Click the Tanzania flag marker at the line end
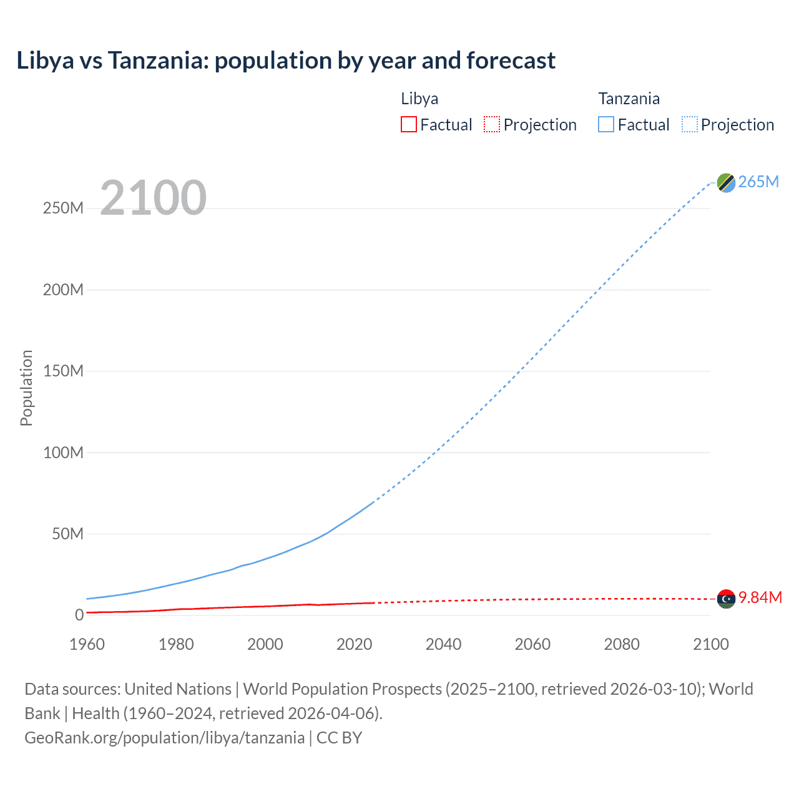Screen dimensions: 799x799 726,183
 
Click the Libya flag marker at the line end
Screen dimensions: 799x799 726,599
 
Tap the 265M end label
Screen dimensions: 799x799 758,182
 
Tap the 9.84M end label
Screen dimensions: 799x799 760,597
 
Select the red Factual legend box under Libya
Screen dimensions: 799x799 408,124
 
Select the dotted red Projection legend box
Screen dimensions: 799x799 492,124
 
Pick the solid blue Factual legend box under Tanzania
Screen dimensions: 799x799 606,124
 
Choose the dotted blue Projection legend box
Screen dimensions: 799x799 690,124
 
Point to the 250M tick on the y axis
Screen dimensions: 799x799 63,208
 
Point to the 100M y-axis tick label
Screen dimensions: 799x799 63,453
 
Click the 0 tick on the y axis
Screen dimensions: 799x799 79,615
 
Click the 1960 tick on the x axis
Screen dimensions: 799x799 87,644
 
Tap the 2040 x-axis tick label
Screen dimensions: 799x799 443,644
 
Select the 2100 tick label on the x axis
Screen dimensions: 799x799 710,644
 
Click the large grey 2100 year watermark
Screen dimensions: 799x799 153,198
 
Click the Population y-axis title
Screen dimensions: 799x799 26,388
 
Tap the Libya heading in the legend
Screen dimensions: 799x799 419,99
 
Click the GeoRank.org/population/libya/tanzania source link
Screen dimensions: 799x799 165,738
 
